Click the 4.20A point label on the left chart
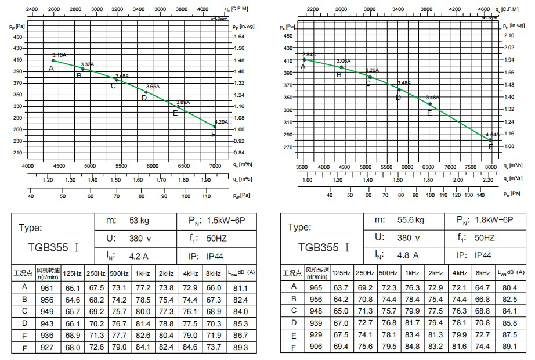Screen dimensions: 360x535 point(222,123)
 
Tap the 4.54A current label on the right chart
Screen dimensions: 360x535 point(492,135)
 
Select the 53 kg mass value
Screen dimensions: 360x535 point(123,220)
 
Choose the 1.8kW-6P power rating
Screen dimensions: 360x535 point(494,220)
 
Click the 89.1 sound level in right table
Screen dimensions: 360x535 point(510,347)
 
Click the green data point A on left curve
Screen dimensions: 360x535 point(53,60)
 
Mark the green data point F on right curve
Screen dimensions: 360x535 point(490,140)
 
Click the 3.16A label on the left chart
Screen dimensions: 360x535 point(59,55)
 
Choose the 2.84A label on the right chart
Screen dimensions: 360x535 point(309,55)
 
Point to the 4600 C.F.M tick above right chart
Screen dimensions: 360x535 point(484,10)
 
